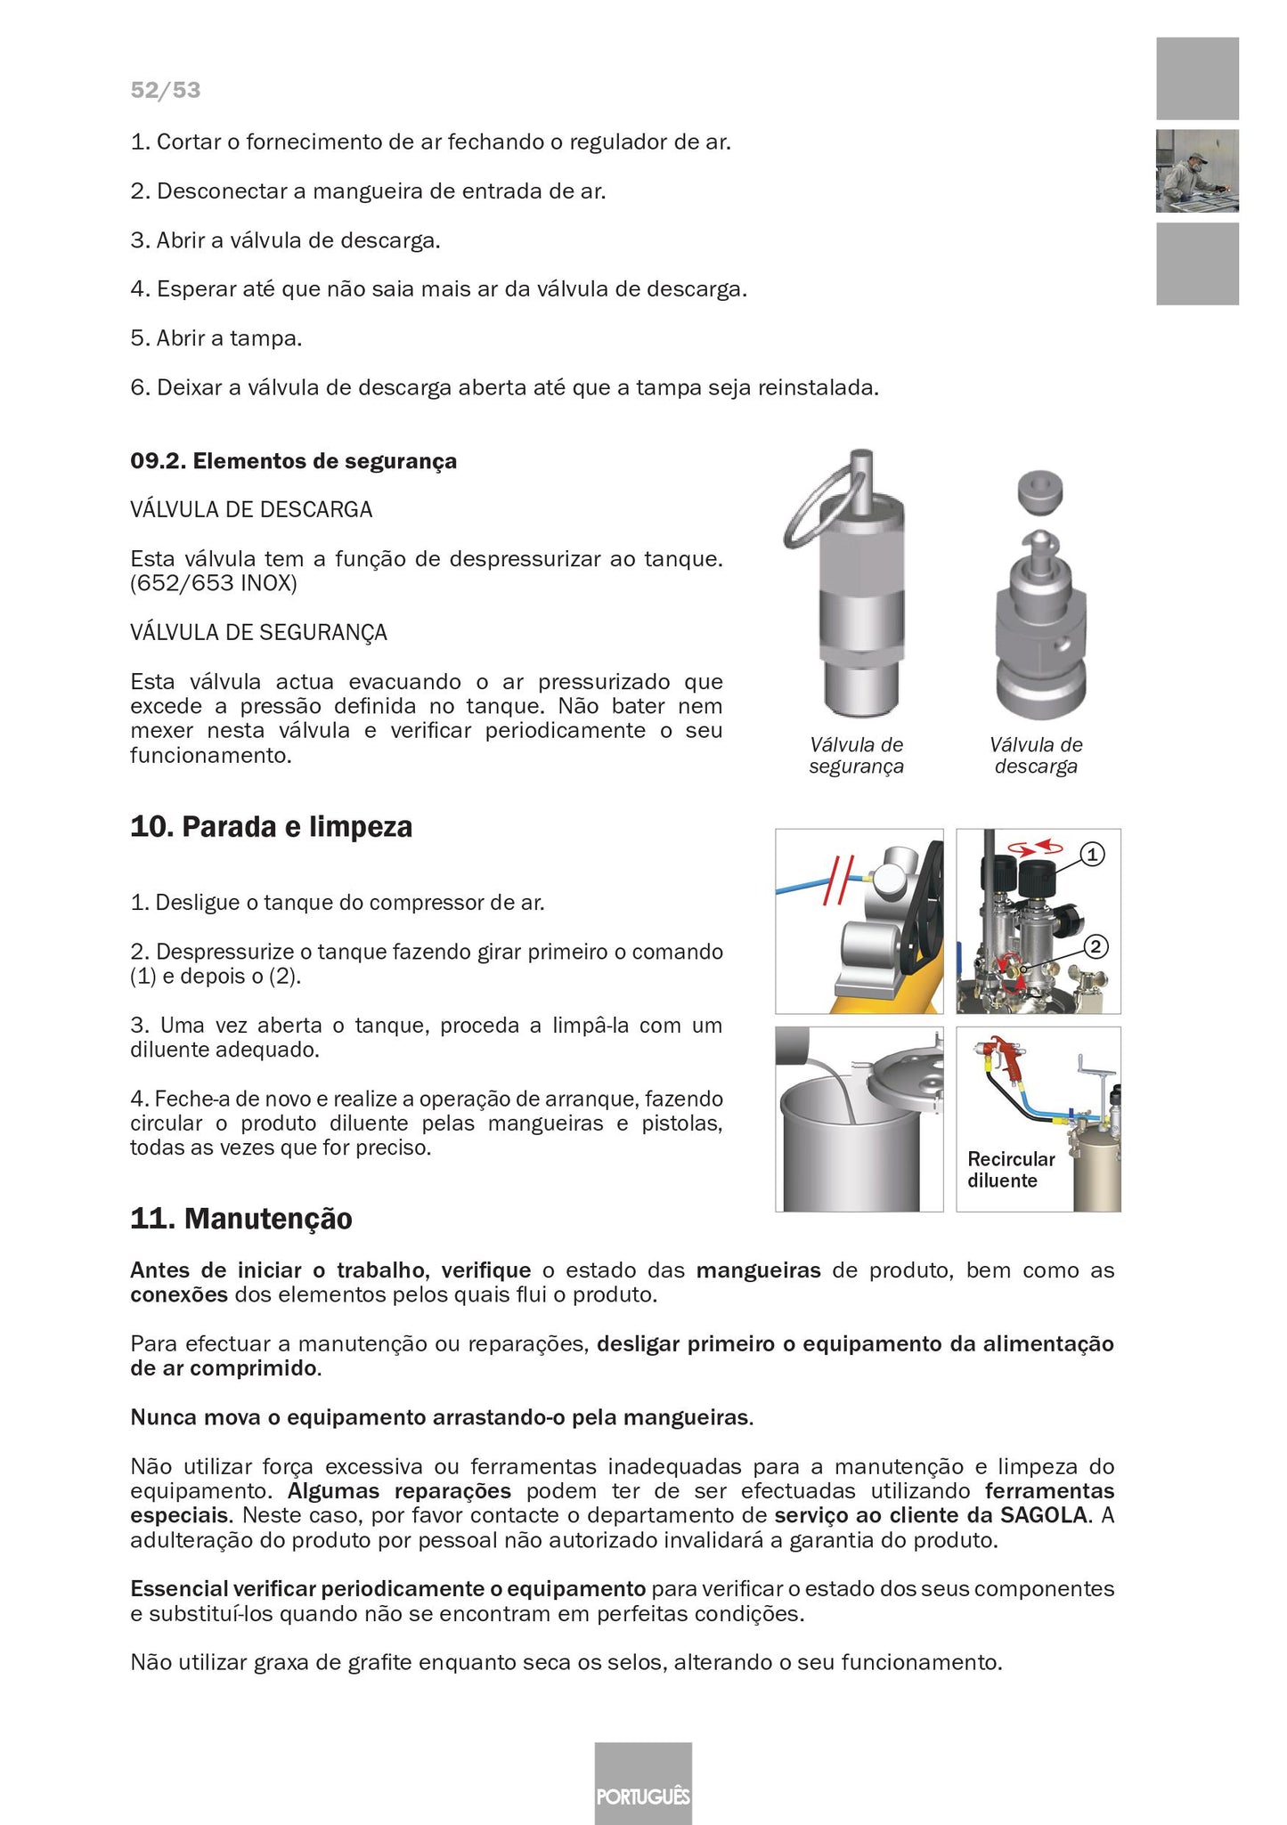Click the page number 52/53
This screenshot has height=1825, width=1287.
165,91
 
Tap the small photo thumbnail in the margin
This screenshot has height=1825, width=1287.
1196,171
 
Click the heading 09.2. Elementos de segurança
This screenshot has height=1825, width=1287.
293,461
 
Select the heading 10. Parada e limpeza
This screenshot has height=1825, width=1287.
271,827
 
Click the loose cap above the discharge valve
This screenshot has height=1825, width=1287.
1040,492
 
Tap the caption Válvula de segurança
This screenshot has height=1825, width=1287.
856,756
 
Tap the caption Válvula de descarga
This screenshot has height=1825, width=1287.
1036,756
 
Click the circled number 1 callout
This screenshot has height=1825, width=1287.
1092,855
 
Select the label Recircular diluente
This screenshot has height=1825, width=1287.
1010,1170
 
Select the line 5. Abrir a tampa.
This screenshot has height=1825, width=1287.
216,338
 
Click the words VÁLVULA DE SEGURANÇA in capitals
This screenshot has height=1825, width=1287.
258,633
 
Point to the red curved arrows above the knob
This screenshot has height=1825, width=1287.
1040,845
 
